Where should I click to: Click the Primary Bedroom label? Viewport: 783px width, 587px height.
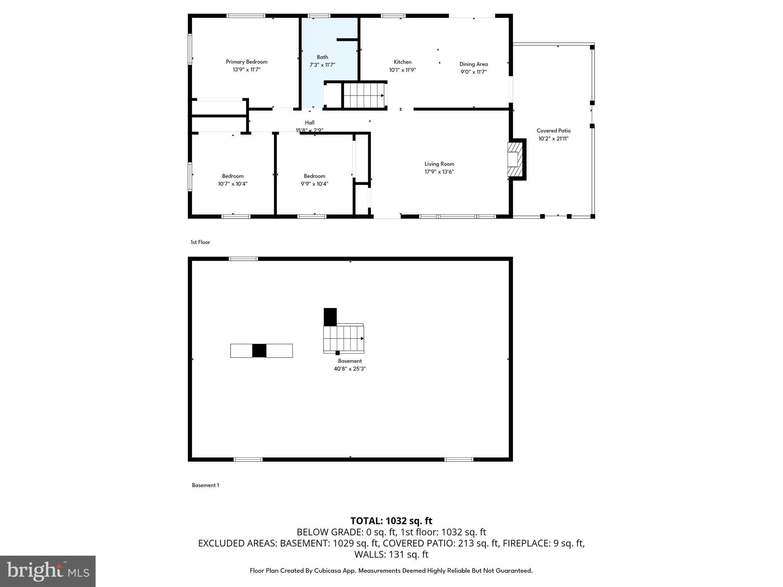(247, 62)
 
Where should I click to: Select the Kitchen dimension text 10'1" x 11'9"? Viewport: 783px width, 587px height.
(402, 70)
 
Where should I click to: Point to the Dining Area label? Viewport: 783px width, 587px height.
(473, 64)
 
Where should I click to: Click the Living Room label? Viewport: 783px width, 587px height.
(439, 164)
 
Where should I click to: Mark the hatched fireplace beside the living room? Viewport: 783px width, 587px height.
(515, 159)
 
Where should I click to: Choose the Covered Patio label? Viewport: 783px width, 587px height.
(553, 131)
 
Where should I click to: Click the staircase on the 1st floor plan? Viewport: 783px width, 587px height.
(364, 96)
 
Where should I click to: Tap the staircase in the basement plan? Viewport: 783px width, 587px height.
(343, 339)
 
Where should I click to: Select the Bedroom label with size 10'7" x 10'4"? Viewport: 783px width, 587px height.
(232, 176)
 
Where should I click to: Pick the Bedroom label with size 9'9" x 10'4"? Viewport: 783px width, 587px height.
(314, 176)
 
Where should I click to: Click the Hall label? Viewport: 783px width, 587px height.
(310, 123)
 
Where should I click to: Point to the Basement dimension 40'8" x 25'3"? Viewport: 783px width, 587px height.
(350, 369)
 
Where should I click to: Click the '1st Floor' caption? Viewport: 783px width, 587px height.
(200, 242)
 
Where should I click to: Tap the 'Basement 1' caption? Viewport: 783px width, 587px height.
(205, 485)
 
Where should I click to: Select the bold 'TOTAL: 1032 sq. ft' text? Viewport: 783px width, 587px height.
(391, 521)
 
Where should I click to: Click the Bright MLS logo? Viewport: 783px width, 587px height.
(48, 571)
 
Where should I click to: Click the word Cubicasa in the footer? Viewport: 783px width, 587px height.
(328, 571)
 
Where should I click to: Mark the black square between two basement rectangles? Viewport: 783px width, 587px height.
(259, 351)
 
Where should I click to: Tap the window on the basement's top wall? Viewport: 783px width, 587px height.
(243, 259)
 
